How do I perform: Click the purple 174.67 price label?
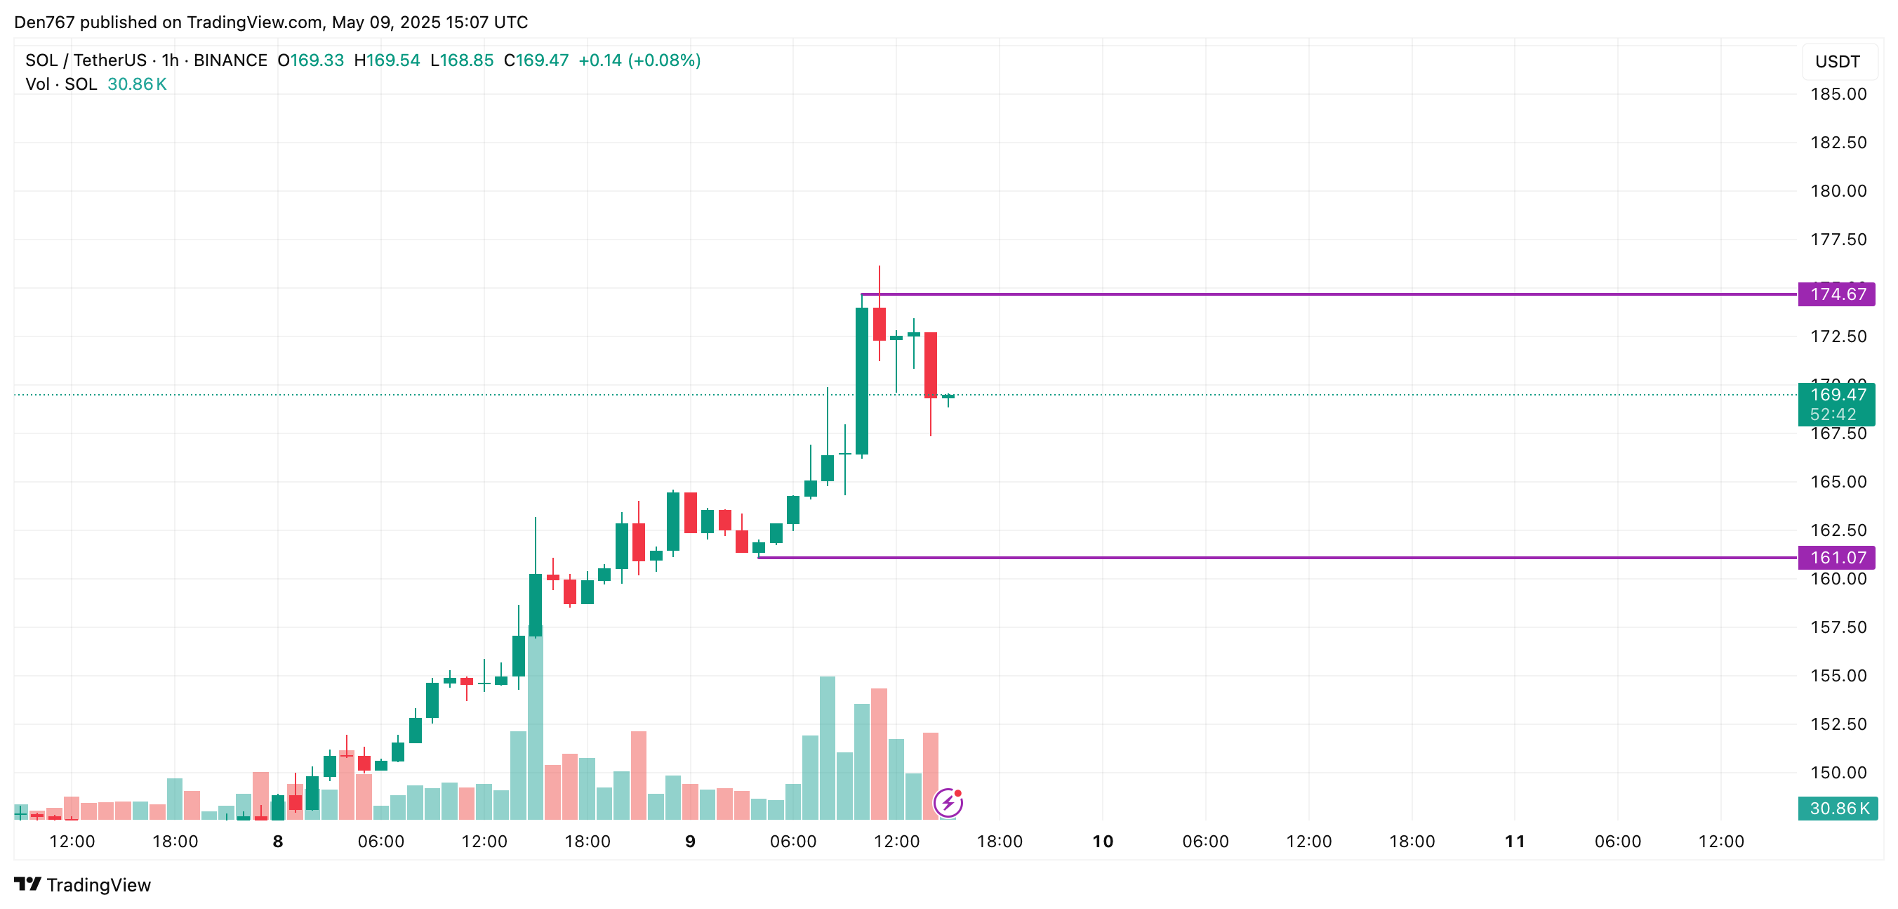pos(1837,294)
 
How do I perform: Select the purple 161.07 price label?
pos(1837,557)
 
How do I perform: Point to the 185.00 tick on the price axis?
pos(1838,94)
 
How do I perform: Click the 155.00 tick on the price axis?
pos(1838,675)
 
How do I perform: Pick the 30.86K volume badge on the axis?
pos(1838,808)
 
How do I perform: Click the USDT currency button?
pos(1837,62)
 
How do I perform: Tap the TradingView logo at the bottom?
pos(83,884)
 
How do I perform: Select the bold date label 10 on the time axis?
pos(1102,841)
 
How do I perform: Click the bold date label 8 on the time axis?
pos(278,841)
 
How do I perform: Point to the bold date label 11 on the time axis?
pos(1514,841)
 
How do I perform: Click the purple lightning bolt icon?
pos(948,802)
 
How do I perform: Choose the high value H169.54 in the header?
pos(387,60)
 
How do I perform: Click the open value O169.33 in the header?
pos(310,60)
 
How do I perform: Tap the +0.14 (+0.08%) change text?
pos(639,60)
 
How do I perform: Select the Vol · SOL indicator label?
pos(61,84)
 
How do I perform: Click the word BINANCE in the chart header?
pos(230,60)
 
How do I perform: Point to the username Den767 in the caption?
pos(44,22)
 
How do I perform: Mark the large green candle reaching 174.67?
pos(861,379)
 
